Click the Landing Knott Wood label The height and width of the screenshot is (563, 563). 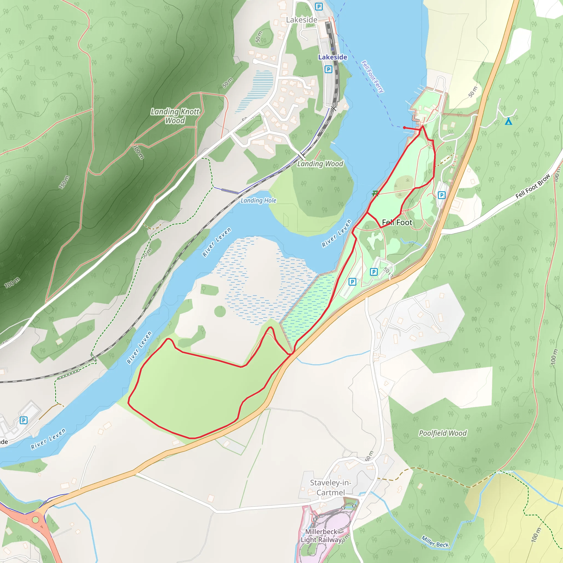(x=175, y=116)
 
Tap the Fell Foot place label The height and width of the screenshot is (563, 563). (x=397, y=222)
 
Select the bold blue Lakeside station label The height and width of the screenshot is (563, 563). (x=333, y=57)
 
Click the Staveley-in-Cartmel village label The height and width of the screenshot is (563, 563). (x=330, y=487)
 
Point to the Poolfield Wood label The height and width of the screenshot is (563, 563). (x=443, y=433)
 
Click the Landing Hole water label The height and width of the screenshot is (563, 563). (x=258, y=200)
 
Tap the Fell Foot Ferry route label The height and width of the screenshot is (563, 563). (x=373, y=76)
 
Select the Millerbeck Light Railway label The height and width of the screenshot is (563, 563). (x=321, y=536)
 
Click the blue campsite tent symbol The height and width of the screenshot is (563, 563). (x=509, y=121)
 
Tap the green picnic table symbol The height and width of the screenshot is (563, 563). (x=375, y=193)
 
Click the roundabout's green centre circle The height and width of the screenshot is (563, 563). (x=35, y=520)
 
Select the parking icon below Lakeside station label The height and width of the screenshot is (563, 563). (x=329, y=69)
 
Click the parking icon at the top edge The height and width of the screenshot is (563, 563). (x=319, y=6)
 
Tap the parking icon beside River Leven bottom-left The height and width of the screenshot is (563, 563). (x=24, y=420)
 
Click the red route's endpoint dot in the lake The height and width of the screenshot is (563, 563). (x=404, y=128)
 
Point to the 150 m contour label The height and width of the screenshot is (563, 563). (x=64, y=182)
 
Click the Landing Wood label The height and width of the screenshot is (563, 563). (x=320, y=164)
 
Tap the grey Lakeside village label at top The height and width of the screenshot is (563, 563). (x=302, y=20)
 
